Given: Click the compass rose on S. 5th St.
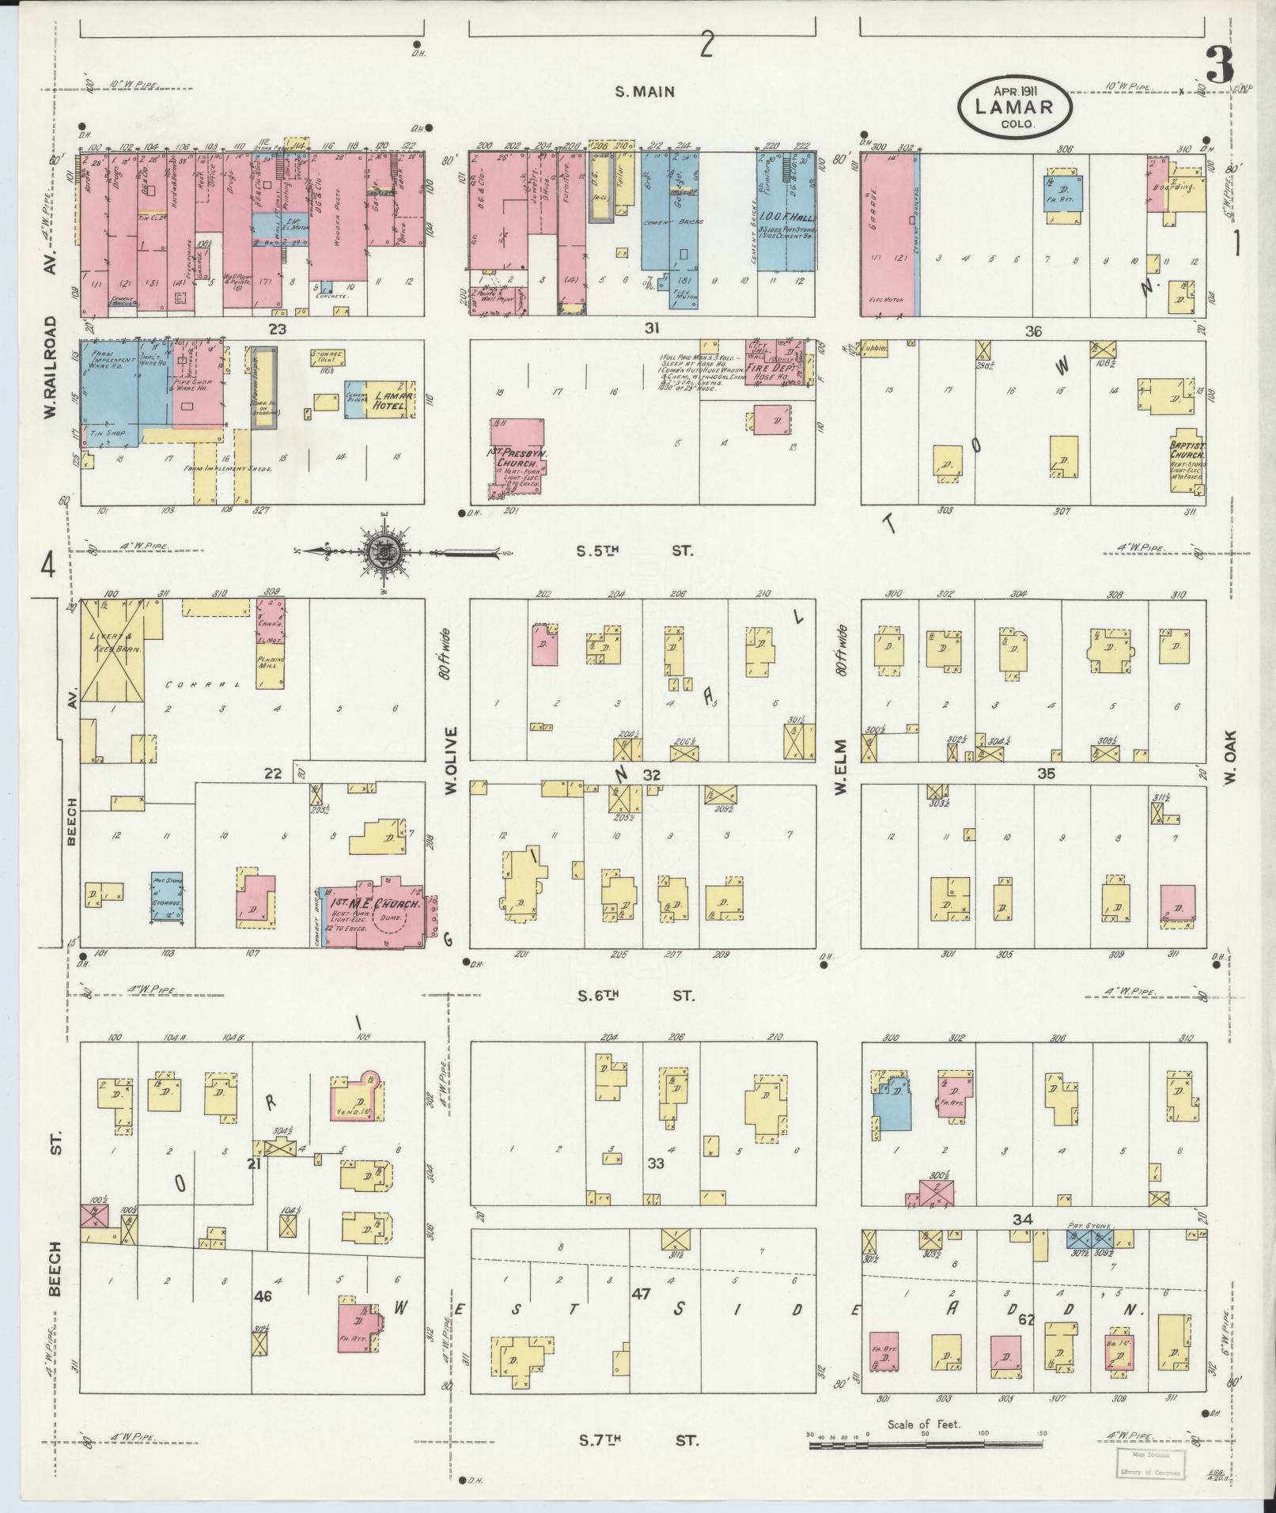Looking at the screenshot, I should coord(385,551).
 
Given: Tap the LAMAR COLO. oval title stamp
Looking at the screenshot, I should coord(1014,107).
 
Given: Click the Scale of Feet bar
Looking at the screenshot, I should coord(924,1444).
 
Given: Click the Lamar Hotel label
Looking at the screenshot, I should coord(390,401).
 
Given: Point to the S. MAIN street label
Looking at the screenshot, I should coord(646,92).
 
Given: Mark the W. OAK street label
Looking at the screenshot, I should coord(1231,757).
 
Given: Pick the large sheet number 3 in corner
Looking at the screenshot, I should coord(1220,65).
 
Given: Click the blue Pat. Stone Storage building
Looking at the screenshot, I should coord(167,897).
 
